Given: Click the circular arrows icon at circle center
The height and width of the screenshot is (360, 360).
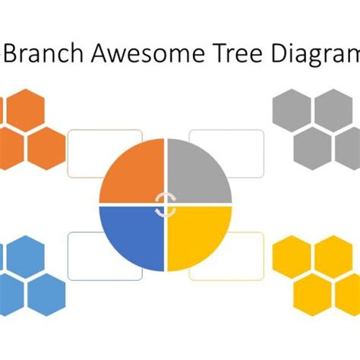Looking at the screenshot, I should [x=165, y=204].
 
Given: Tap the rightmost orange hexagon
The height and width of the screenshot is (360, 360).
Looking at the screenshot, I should [x=46, y=146].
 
